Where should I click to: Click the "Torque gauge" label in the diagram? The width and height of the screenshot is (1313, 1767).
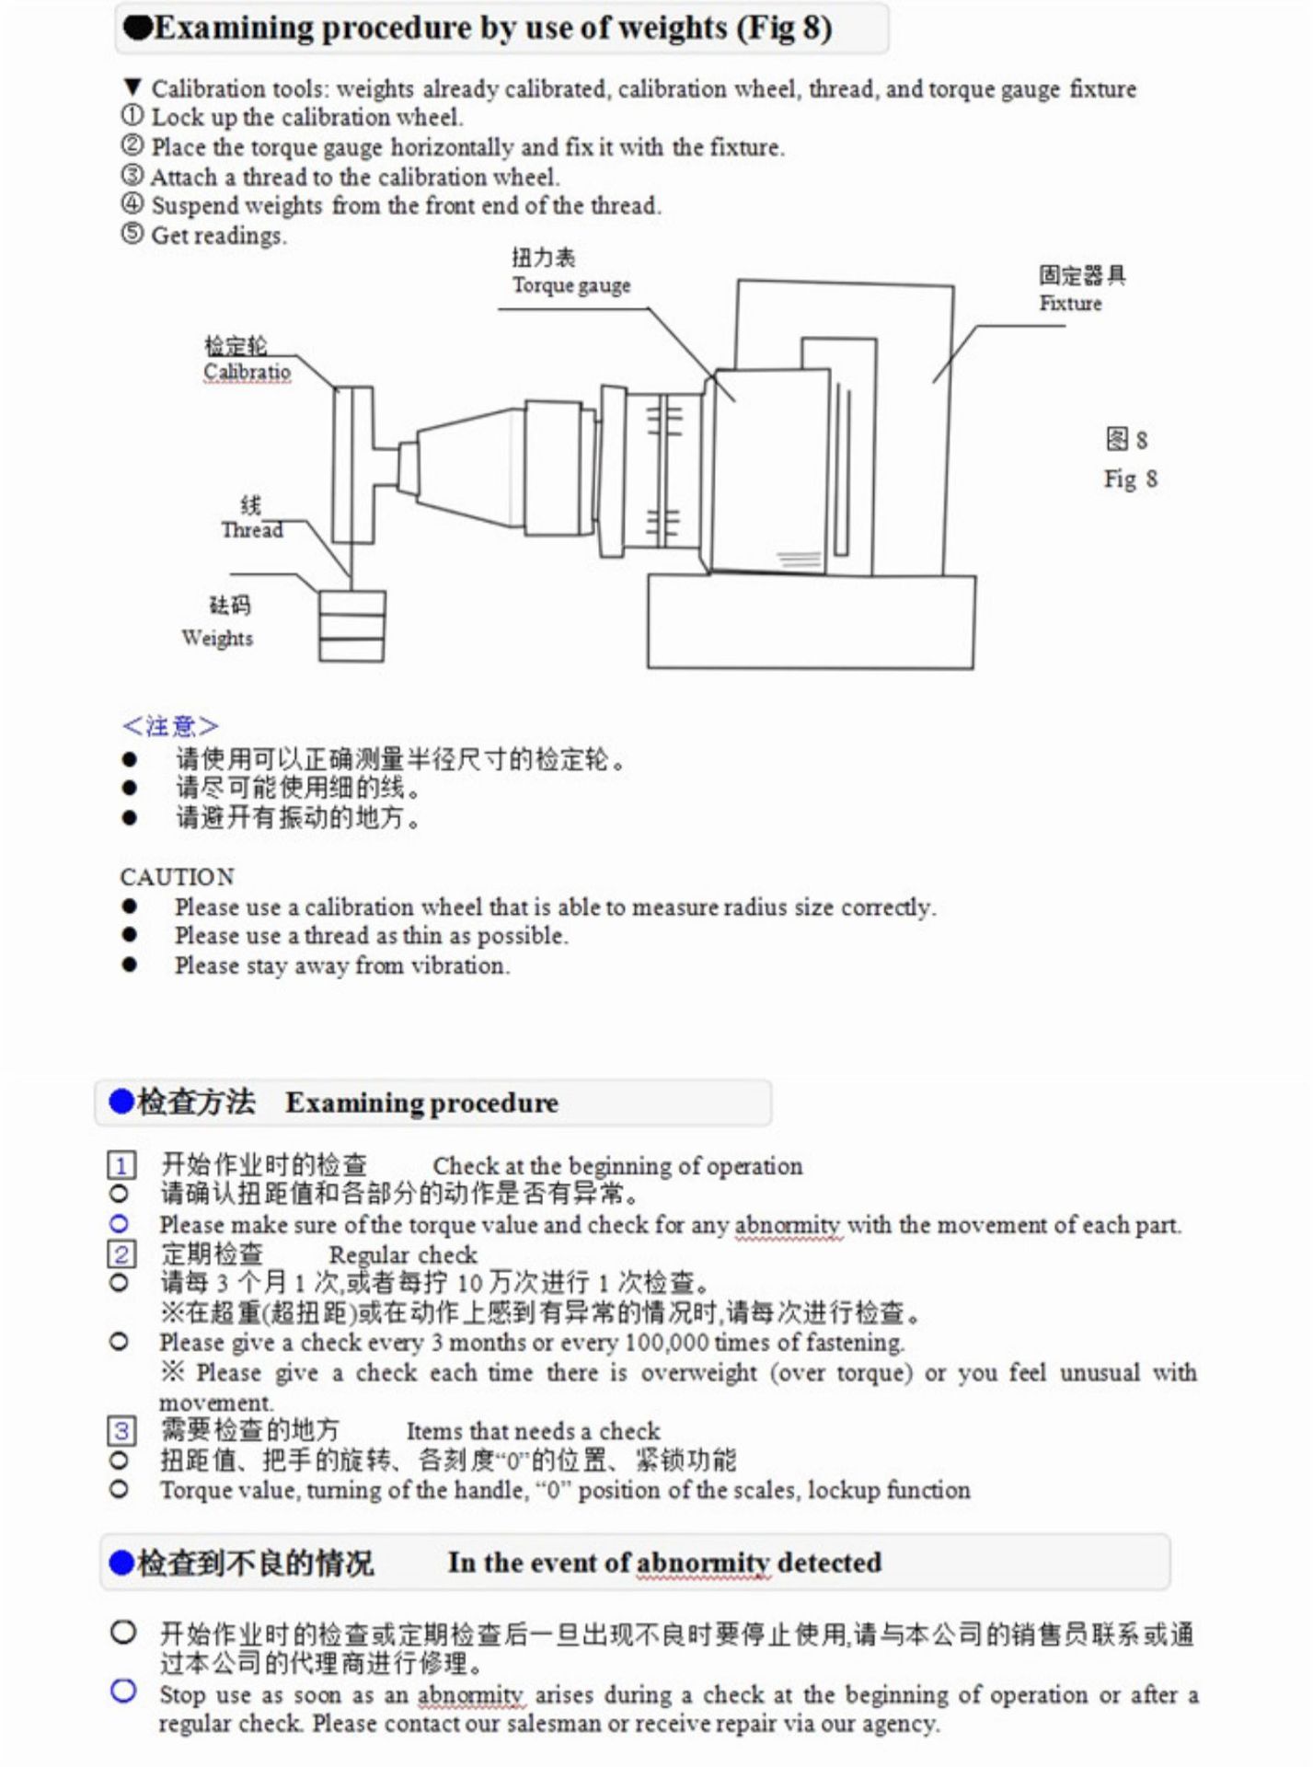(571, 285)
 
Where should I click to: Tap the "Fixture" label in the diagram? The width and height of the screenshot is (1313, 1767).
(1070, 304)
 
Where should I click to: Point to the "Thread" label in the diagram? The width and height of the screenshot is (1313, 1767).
(251, 530)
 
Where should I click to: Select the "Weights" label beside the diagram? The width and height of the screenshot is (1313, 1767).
(217, 638)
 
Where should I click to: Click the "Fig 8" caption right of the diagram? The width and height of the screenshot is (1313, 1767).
(1131, 479)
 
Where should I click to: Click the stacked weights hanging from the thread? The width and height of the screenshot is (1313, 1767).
(351, 626)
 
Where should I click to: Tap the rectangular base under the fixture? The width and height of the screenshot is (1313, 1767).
(811, 621)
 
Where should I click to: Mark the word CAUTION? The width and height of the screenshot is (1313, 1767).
(178, 876)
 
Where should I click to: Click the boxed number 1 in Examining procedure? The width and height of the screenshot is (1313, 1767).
(121, 1166)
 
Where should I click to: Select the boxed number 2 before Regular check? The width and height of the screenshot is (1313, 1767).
(121, 1254)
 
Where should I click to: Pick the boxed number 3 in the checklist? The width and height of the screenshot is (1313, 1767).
(121, 1431)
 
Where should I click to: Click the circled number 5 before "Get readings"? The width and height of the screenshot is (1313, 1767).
(132, 235)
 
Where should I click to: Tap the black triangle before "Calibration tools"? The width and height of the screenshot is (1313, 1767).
(132, 88)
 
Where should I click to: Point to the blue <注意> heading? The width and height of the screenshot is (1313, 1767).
(170, 726)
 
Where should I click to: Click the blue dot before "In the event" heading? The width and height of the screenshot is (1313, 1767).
(121, 1563)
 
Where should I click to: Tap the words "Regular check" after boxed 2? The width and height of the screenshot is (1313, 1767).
(403, 1255)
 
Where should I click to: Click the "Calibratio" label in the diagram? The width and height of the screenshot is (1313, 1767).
(247, 372)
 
